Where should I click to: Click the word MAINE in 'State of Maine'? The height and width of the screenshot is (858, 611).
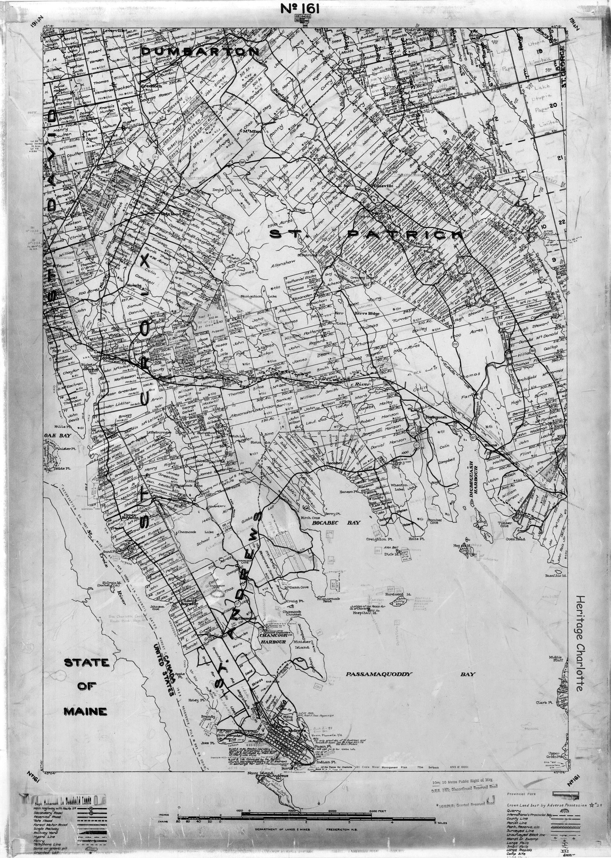coord(85,711)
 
